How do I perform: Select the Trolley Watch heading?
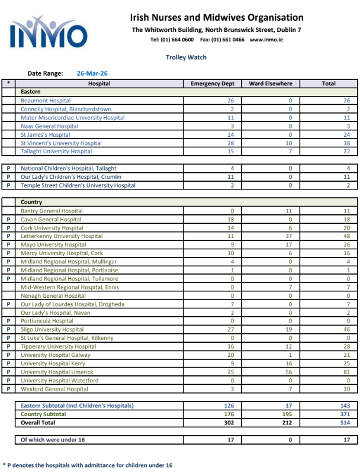[186, 57]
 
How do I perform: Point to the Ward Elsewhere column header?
[271, 84]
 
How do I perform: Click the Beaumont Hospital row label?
[46, 101]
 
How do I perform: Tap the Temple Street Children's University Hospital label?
[78, 185]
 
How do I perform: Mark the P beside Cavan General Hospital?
[8, 220]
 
